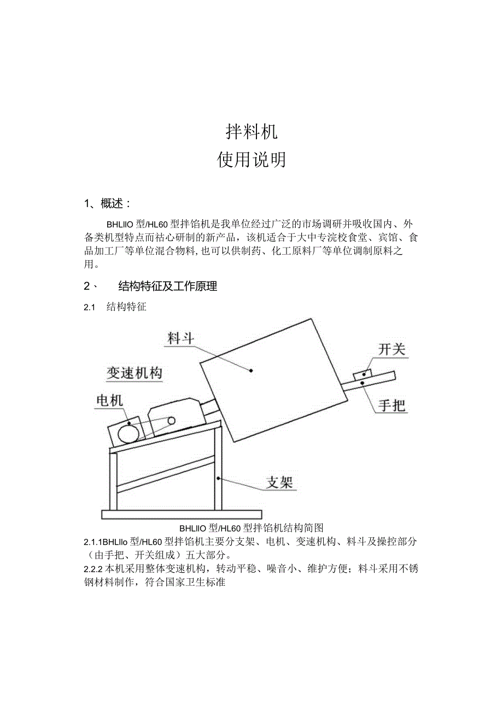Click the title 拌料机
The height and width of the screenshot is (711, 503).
tap(251, 131)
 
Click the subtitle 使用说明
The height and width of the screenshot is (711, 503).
tap(251, 160)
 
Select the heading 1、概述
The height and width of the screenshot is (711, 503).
tap(108, 204)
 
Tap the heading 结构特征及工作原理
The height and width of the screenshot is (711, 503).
tap(167, 286)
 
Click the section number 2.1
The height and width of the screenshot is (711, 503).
tap(90, 307)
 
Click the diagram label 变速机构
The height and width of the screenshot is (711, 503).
tap(134, 373)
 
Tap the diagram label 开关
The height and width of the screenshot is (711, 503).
tap(392, 349)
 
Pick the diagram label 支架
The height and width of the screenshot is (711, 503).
tap(279, 481)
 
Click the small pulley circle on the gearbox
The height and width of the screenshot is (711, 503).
tap(171, 421)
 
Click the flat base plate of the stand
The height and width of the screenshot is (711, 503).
tap(182, 514)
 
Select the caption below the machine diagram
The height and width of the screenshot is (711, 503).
tap(251, 528)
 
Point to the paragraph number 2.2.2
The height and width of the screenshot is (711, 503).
tap(94, 569)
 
